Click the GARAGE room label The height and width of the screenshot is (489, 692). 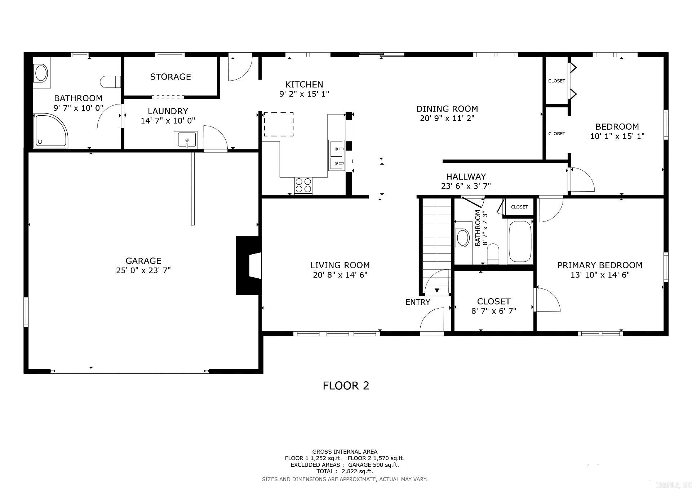click(143, 261)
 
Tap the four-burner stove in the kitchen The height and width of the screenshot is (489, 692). click(303, 185)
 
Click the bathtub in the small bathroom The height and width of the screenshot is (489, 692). click(520, 241)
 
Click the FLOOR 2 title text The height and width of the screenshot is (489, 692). click(346, 386)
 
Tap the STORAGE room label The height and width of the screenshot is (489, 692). click(170, 77)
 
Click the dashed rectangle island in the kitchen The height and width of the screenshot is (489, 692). click(279, 124)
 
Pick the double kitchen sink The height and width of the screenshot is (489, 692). click(337, 156)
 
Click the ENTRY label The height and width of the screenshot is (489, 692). click(417, 302)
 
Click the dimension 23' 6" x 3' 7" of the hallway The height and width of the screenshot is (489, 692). click(466, 186)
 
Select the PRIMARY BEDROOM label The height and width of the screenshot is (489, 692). click(600, 265)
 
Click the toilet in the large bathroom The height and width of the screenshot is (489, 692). click(110, 82)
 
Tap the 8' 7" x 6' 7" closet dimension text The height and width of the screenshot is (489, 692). click(493, 311)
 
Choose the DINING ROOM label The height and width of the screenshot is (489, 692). click(447, 109)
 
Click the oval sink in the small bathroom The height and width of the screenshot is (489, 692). click(462, 238)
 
